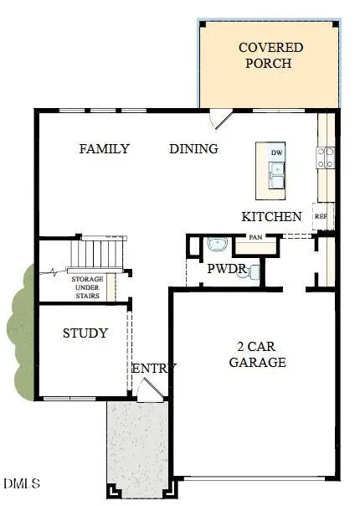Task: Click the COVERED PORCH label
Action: (270, 55)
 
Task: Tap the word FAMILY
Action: (105, 149)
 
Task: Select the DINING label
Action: (193, 149)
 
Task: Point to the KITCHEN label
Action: (271, 216)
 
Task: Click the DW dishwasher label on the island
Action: (276, 152)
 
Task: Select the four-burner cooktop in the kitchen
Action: (325, 157)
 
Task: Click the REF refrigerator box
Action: (321, 215)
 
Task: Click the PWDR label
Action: (226, 269)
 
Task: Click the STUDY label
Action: (85, 333)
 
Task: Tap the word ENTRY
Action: (154, 369)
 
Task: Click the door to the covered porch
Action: (219, 120)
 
